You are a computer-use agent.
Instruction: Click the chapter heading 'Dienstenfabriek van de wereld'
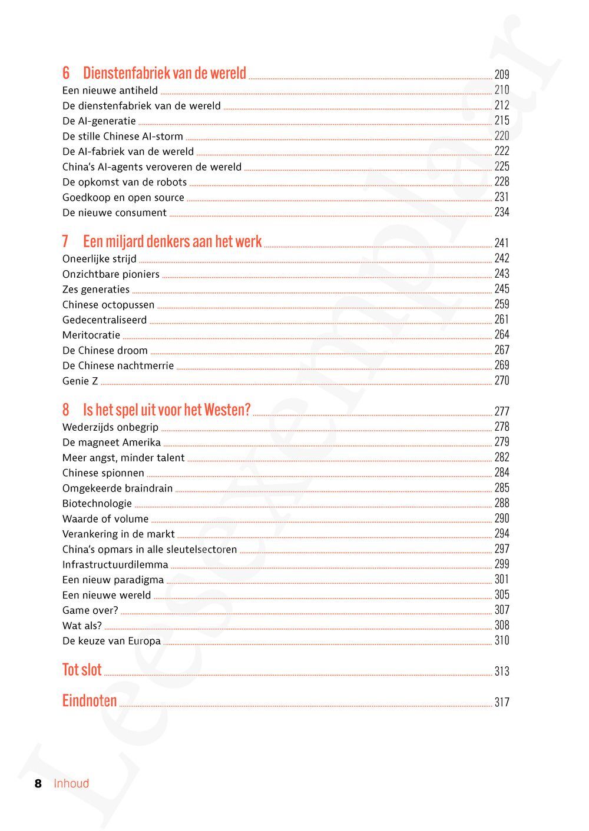click(x=164, y=74)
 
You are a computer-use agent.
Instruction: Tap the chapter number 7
click(x=65, y=242)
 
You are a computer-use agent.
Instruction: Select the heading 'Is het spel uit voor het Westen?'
click(x=167, y=410)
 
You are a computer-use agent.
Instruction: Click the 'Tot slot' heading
click(x=82, y=670)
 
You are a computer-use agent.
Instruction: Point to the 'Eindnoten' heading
click(x=90, y=701)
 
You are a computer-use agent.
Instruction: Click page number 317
click(x=502, y=702)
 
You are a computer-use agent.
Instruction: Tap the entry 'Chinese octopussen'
click(x=108, y=305)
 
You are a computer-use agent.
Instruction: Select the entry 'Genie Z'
click(x=80, y=381)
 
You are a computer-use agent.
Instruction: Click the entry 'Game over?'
click(x=90, y=610)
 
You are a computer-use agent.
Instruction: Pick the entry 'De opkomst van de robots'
click(x=124, y=182)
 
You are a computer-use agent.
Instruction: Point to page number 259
click(x=502, y=304)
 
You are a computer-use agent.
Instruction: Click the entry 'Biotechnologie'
click(x=97, y=504)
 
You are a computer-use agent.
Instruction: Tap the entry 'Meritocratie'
click(x=91, y=335)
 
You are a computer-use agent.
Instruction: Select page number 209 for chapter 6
click(x=502, y=75)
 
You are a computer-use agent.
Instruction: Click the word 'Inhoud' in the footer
click(x=71, y=783)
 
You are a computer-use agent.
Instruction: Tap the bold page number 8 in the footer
click(x=38, y=783)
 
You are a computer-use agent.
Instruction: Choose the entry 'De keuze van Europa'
click(x=111, y=641)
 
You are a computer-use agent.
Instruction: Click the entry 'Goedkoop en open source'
click(x=123, y=198)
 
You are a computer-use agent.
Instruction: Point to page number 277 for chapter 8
click(x=502, y=411)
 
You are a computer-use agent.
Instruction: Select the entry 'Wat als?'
click(x=82, y=626)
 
